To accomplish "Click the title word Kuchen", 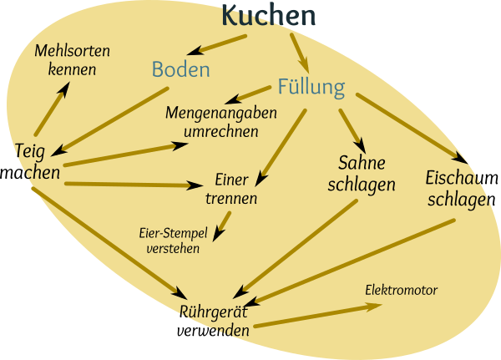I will pyautogui.click(x=270, y=15).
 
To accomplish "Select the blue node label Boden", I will pyautogui.click(x=180, y=69).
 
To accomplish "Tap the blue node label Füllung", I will pyautogui.click(x=311, y=86).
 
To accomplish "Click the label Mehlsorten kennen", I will pyautogui.click(x=72, y=60).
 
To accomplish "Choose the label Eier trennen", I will pyautogui.click(x=230, y=189).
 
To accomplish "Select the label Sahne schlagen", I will pyautogui.click(x=367, y=173).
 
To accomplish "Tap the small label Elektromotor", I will pyautogui.click(x=402, y=291).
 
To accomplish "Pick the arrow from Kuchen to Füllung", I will pyautogui.click(x=298, y=53).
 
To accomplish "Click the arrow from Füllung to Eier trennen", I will pyautogui.click(x=281, y=146).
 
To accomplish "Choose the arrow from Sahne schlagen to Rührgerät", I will pyautogui.click(x=296, y=248).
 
